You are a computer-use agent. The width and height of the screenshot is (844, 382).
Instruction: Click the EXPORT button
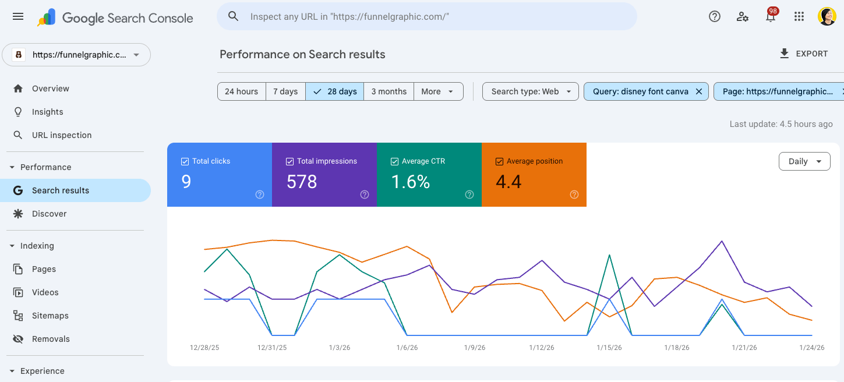tap(803, 54)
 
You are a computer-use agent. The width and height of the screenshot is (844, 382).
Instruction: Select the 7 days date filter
tap(285, 91)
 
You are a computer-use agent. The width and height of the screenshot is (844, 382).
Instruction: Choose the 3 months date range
tap(389, 91)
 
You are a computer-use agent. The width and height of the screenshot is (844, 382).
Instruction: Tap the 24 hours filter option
tap(241, 91)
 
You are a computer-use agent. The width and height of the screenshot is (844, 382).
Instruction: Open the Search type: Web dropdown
tap(531, 91)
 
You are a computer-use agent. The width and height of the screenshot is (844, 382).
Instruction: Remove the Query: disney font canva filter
tap(699, 91)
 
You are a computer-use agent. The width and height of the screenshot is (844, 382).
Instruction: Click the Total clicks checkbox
tap(185, 161)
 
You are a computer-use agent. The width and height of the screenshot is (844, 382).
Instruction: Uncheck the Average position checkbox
tap(499, 161)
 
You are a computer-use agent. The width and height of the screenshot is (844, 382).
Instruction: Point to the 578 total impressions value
tap(302, 182)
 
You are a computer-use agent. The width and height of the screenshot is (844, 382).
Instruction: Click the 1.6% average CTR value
tap(410, 182)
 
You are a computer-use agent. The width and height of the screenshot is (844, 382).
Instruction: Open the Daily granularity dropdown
tap(804, 161)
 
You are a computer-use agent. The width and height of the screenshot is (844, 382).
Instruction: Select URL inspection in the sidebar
tap(62, 135)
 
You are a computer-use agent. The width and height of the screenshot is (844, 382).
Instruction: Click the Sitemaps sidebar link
tap(50, 316)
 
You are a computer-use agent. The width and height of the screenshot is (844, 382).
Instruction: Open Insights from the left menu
tap(48, 112)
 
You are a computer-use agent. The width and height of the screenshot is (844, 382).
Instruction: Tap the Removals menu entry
tap(51, 339)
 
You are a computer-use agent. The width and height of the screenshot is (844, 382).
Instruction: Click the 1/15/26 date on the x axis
tap(609, 348)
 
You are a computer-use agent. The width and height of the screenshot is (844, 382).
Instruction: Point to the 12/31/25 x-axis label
tap(272, 348)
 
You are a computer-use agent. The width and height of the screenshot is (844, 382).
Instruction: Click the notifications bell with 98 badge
tap(771, 16)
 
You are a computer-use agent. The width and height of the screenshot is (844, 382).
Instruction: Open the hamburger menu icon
tap(18, 16)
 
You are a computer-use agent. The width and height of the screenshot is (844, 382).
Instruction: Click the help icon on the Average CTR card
tap(469, 194)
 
